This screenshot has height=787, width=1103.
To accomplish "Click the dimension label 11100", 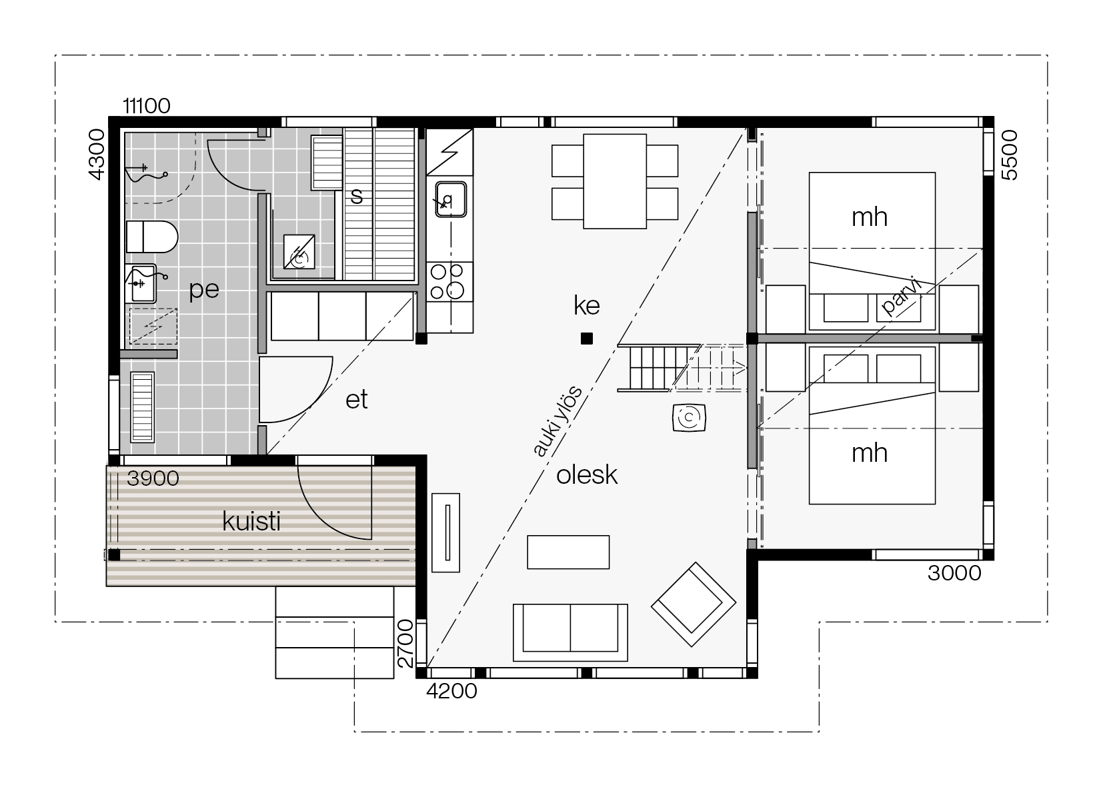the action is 146,106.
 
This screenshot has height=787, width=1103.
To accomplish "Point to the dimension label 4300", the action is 97,155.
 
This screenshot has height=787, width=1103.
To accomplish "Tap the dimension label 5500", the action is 1010,155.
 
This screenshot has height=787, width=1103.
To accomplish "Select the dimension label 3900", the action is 153,478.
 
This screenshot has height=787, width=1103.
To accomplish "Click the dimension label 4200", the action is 451,692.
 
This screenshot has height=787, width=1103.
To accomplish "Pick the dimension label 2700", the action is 405,644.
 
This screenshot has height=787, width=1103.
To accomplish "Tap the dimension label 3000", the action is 954,573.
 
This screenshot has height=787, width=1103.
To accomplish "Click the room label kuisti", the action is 251,521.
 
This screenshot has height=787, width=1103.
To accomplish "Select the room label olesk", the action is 586,475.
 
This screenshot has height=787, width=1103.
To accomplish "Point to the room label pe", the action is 204,290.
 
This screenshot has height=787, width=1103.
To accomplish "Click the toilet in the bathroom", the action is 151,237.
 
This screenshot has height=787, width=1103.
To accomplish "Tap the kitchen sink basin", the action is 451,199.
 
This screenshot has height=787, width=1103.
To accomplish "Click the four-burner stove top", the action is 449,281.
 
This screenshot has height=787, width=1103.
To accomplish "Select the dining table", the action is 615,181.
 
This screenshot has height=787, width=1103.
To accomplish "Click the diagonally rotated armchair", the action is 694,604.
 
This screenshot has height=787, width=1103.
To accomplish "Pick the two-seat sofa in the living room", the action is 570,632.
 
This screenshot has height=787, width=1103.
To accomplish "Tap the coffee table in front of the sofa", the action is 568,552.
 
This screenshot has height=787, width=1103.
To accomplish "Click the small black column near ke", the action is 586,339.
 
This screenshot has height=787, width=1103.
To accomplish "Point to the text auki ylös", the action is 558,421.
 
